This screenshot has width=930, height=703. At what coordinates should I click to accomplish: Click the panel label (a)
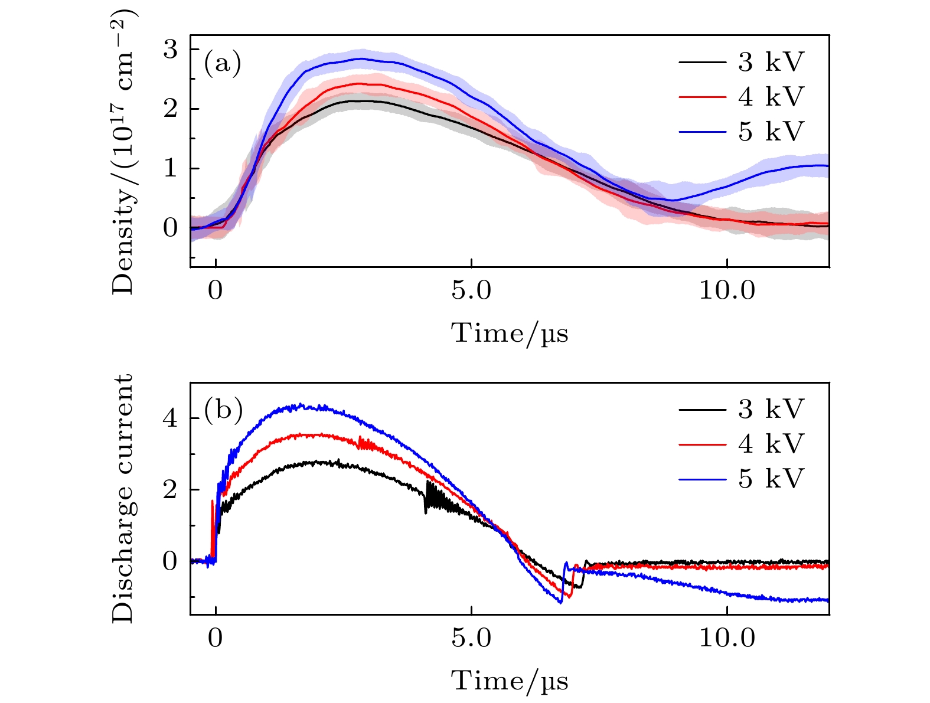(222, 64)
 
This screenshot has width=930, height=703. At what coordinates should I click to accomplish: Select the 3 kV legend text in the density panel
(771, 62)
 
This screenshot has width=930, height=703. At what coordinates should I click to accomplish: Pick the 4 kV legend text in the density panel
(771, 97)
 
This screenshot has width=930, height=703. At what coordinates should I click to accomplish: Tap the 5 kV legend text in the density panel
(771, 132)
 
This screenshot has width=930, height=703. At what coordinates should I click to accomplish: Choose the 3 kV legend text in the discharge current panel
(771, 409)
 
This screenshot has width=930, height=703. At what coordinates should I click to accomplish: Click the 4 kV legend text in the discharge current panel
(771, 444)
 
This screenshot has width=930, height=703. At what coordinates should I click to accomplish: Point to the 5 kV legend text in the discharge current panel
(771, 479)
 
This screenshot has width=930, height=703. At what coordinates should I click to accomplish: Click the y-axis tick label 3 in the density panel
(170, 50)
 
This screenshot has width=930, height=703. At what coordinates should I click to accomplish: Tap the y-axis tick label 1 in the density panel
(170, 169)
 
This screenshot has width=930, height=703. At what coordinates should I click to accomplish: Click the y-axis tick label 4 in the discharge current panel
(170, 419)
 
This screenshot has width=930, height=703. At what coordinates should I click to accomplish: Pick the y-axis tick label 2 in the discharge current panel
(170, 490)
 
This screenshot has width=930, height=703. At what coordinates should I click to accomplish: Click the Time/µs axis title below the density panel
(510, 333)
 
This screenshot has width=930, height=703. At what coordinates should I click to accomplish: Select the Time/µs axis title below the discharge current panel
(510, 681)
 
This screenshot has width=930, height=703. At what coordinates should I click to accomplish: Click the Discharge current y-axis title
(123, 499)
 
